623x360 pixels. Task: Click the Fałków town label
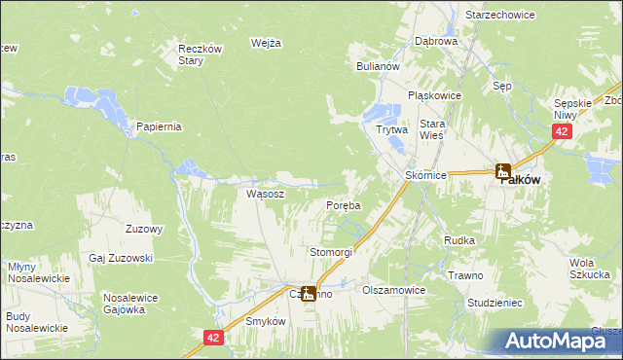[521, 180]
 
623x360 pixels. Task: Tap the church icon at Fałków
[503, 171]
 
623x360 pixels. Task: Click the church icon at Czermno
[309, 292]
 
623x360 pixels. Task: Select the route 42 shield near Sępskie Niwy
[561, 130]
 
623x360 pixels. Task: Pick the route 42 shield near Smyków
[214, 337]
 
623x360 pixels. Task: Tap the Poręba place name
[343, 205]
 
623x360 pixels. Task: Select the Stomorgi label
[331, 251]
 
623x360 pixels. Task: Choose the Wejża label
[266, 43]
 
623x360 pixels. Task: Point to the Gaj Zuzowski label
[121, 257]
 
